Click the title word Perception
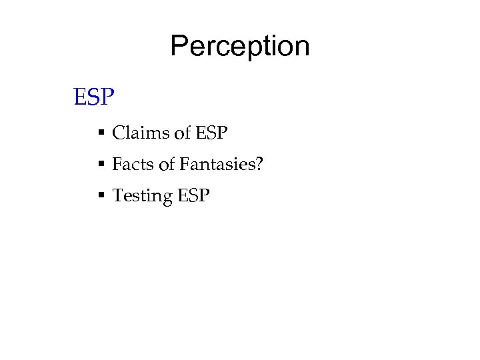pos(240,47)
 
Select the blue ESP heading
pos(94,99)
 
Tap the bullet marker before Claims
pos(101,134)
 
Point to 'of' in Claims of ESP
pos(181,133)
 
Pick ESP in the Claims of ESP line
pos(211,133)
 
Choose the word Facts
pos(132,164)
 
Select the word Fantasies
pos(215,164)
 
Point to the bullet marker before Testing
pos(101,196)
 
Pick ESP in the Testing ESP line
pos(193,195)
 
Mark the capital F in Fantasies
pos(183,164)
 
